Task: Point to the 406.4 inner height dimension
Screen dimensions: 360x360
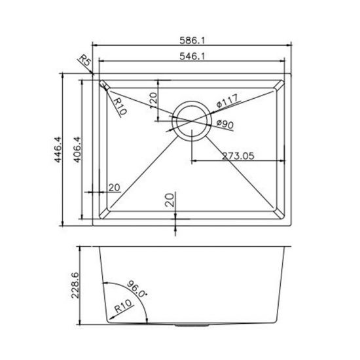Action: click(76, 150)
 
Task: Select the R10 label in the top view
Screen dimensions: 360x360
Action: click(118, 106)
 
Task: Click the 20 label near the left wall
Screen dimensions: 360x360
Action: click(114, 188)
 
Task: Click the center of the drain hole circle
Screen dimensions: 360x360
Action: click(190, 118)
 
